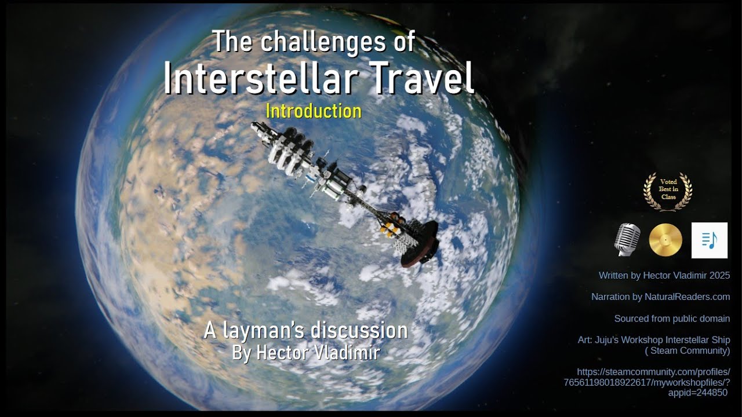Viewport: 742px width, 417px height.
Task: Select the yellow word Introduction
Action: click(313, 111)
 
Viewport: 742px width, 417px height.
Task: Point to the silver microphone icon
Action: click(627, 240)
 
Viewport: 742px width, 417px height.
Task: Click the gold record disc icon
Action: click(665, 240)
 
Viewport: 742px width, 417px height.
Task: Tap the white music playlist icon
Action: click(709, 240)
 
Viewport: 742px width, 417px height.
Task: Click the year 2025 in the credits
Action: click(719, 276)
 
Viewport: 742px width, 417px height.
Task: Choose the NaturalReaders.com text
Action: click(687, 297)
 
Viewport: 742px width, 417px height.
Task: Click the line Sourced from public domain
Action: click(672, 319)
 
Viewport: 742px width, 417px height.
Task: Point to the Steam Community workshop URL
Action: click(646, 382)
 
